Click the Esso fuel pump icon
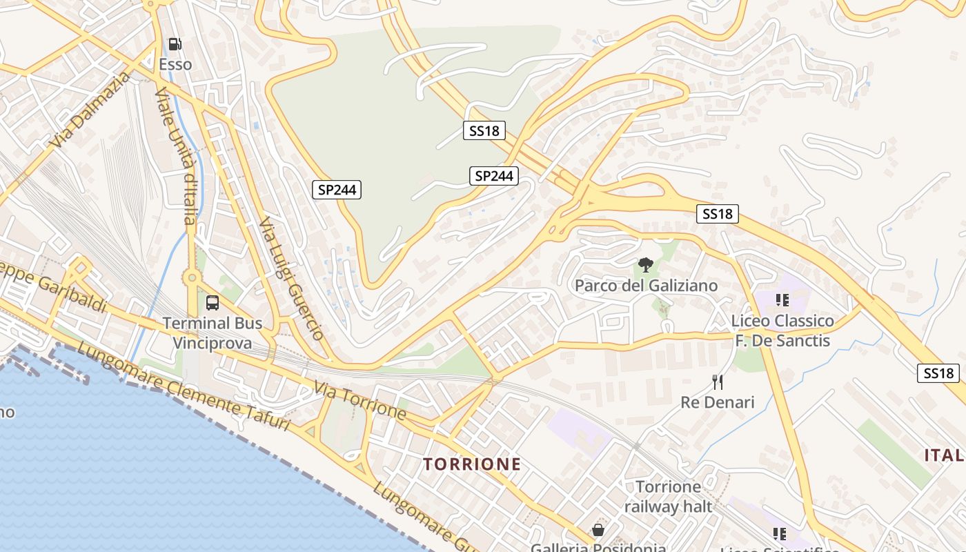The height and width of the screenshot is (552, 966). click(x=175, y=45)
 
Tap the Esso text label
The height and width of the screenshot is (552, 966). click(x=175, y=65)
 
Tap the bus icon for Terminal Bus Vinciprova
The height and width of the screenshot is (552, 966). click(x=213, y=302)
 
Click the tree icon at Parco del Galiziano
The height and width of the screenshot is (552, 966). click(x=646, y=265)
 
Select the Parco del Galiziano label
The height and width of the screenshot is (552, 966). click(x=646, y=286)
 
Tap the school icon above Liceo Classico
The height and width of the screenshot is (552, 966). click(x=782, y=300)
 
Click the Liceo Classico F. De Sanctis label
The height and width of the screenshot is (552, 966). click(x=782, y=331)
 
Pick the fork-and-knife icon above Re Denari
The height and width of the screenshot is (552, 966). click(x=718, y=382)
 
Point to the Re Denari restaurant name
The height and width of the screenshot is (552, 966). click(x=718, y=402)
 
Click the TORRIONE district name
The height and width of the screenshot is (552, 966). click(x=472, y=464)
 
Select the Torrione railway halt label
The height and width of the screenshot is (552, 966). click(x=668, y=497)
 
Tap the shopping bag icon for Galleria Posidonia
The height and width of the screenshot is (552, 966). click(x=598, y=530)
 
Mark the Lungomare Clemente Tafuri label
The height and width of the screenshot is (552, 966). click(x=183, y=388)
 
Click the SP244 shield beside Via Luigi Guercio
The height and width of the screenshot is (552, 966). click(x=337, y=190)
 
